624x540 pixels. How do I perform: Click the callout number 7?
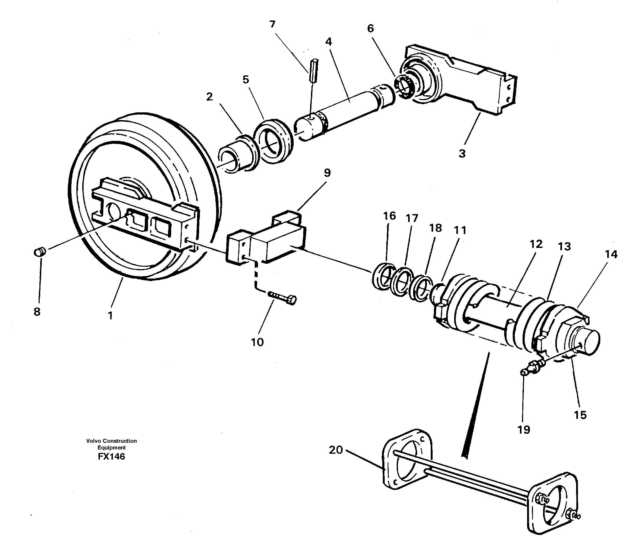coord(272,24)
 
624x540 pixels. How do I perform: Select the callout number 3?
coord(462,153)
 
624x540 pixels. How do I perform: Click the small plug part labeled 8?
coord(39,252)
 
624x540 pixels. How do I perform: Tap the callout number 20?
coord(336,450)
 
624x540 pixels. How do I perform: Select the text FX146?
coord(111,457)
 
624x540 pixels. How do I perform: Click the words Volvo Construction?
coord(111,441)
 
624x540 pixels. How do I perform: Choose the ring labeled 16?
coord(382,276)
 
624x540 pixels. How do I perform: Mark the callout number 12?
coord(536,244)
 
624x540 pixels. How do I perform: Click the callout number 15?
coord(580,415)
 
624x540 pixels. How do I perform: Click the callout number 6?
coord(370,29)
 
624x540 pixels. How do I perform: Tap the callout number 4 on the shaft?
coord(329,42)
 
